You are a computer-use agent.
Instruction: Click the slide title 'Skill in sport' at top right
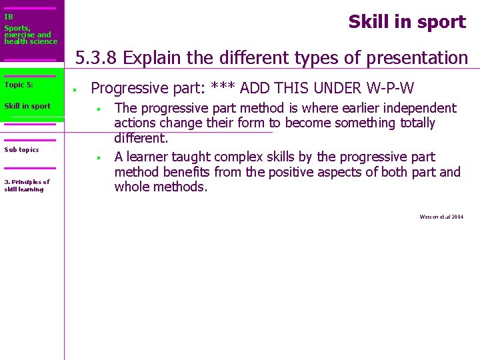[x=407, y=22]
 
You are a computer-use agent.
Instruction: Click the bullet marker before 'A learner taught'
[x=97, y=158]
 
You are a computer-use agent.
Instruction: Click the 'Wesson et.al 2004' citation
[x=441, y=217]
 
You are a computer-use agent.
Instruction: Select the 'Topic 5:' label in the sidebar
[x=19, y=85]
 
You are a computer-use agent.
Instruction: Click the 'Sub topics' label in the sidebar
[x=21, y=149]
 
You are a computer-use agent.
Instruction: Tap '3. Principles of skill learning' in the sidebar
[x=27, y=185]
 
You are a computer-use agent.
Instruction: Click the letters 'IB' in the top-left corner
[x=9, y=17]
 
